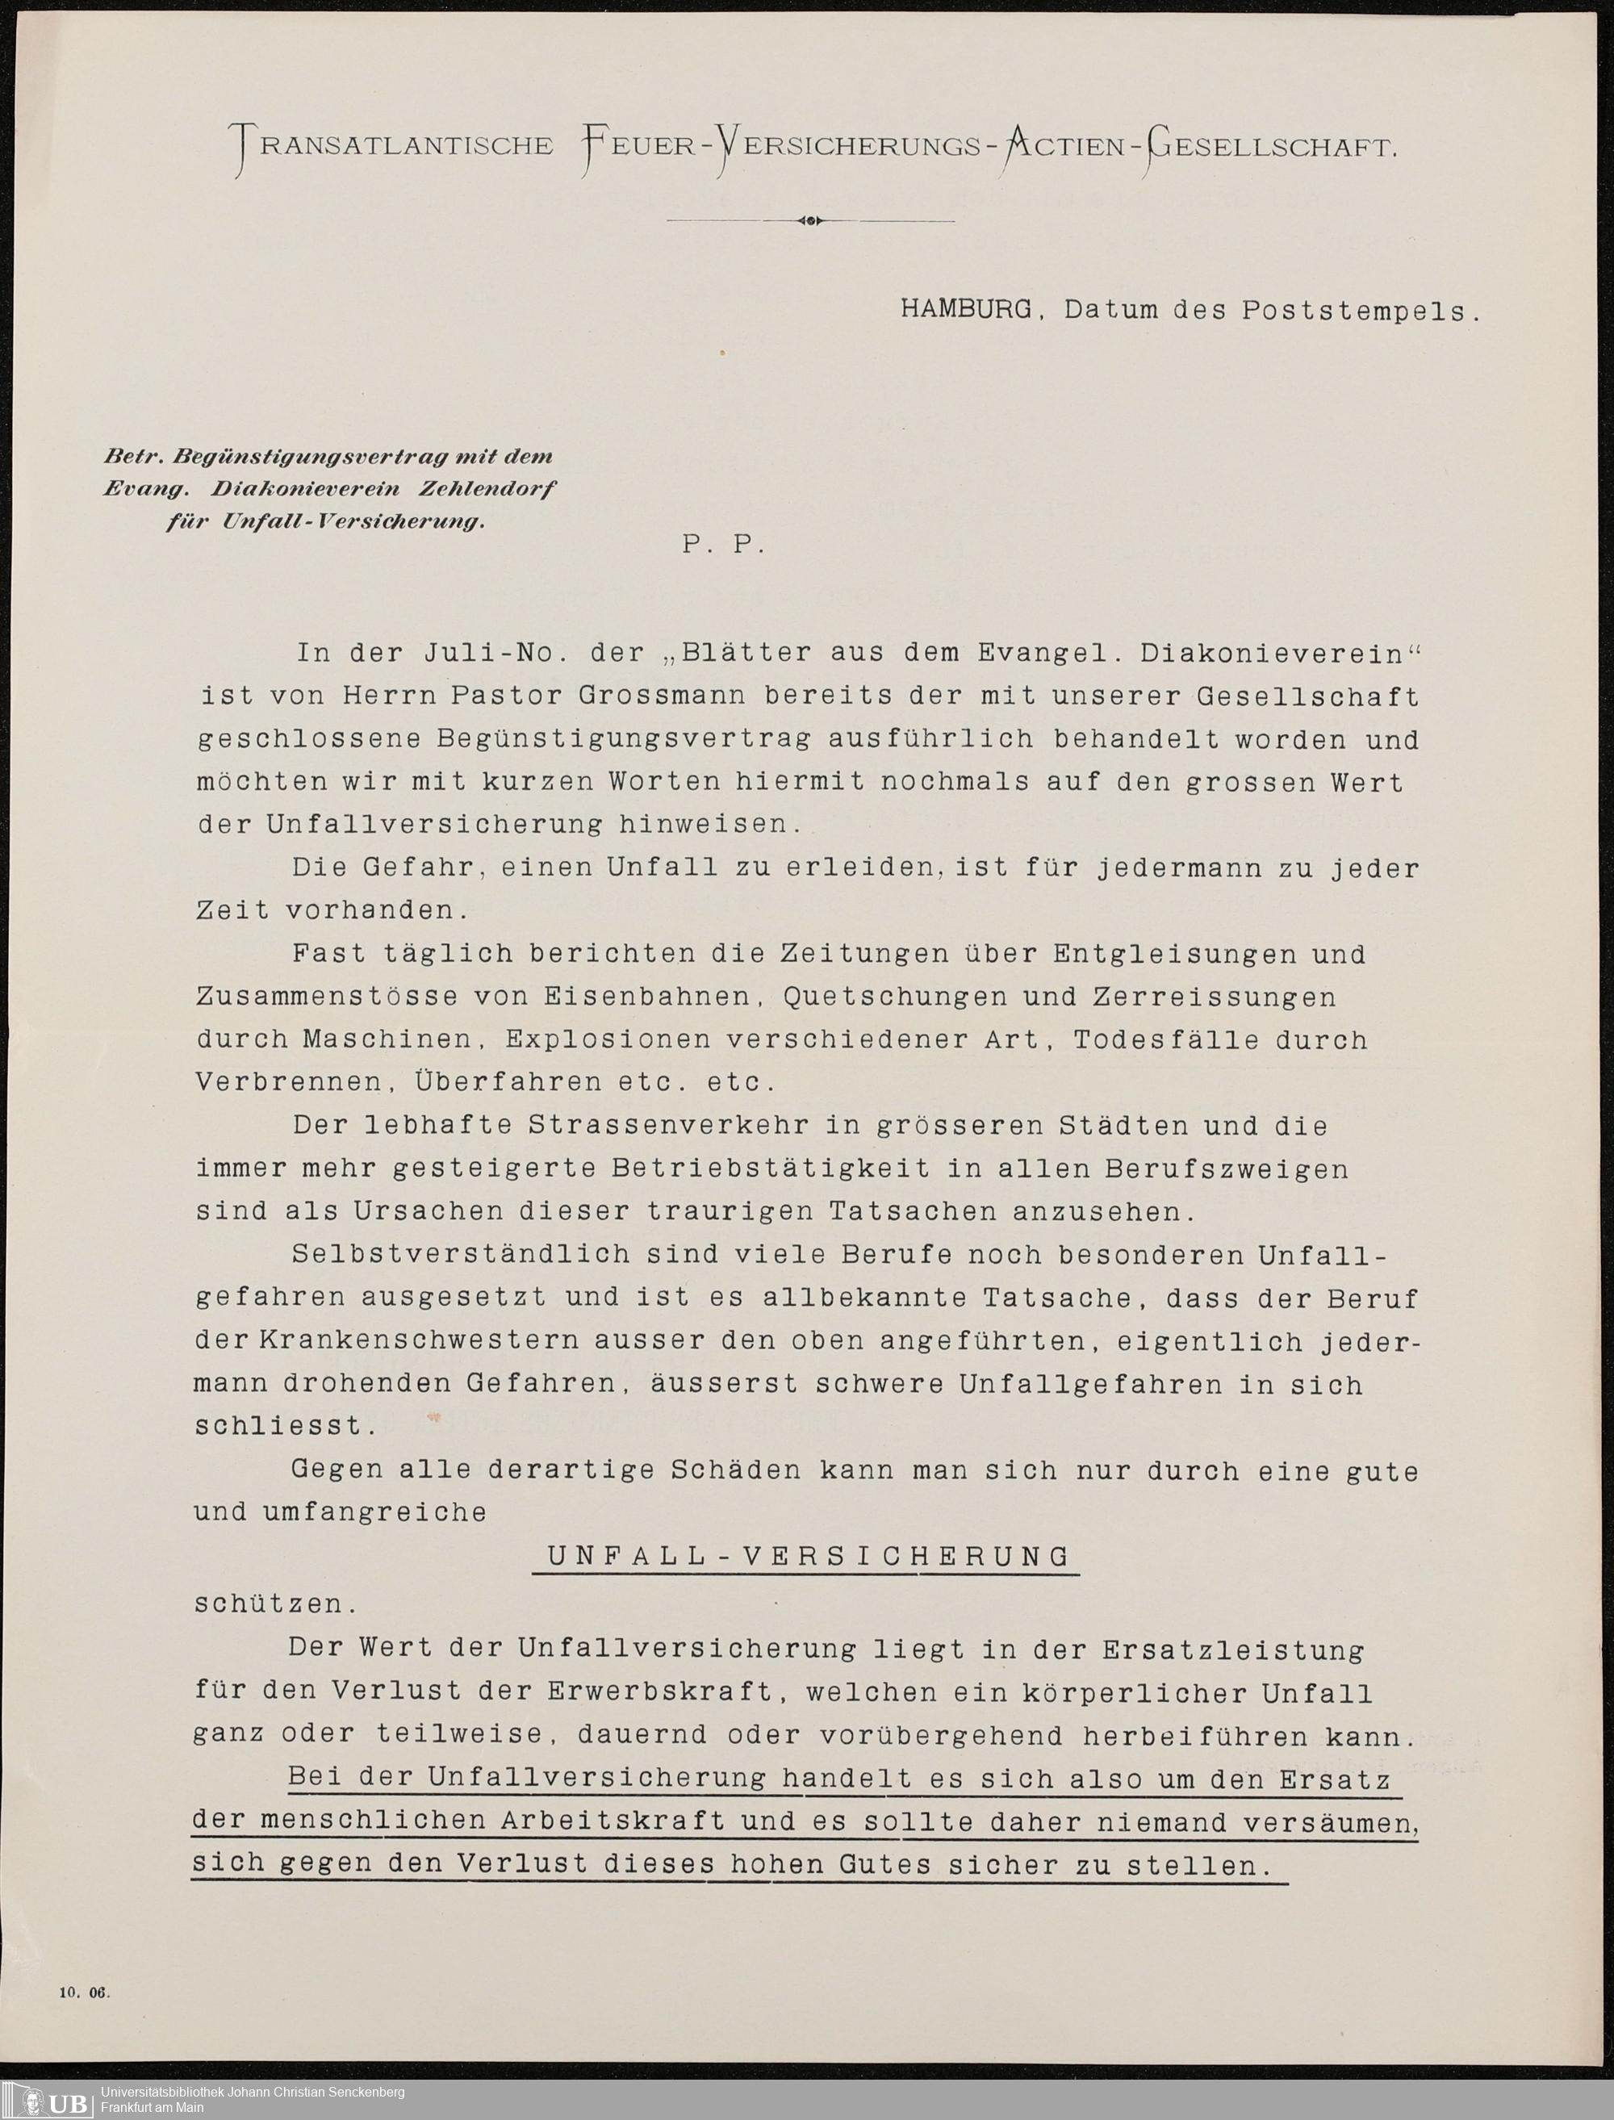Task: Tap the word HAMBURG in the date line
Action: [x=967, y=310]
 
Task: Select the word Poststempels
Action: [x=1355, y=312]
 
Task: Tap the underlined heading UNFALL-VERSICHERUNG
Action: [x=807, y=1556]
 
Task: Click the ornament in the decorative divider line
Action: [x=810, y=221]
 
